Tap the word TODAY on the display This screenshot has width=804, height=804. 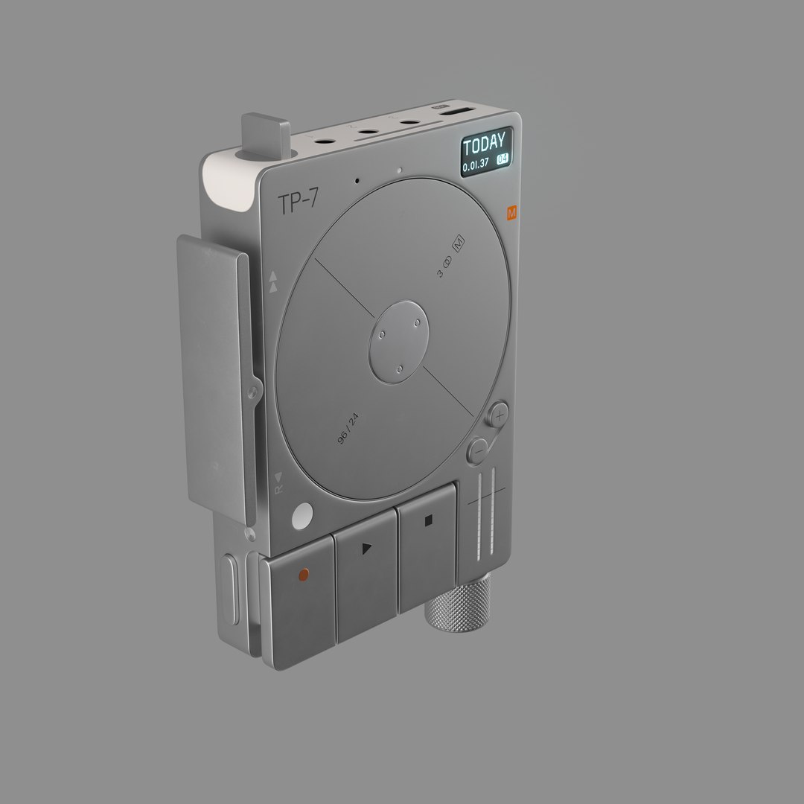483,142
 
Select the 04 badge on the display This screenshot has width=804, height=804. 503,159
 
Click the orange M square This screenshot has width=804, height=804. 511,213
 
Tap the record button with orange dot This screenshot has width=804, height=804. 301,574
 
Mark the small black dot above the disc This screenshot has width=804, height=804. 357,180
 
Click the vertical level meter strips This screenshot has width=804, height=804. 484,514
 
